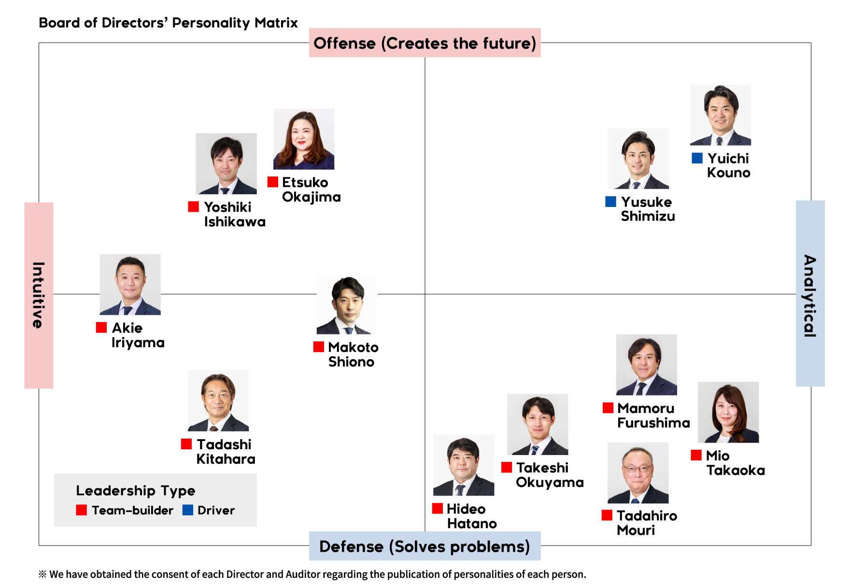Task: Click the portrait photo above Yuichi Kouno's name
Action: tap(720, 115)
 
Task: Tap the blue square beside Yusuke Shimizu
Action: tap(610, 202)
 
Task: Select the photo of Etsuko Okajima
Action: tap(304, 139)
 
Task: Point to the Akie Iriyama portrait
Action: tap(130, 284)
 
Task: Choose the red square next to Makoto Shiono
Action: tap(319, 347)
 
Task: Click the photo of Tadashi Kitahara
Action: tap(218, 401)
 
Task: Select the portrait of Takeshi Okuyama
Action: tap(538, 425)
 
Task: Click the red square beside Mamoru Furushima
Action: tap(608, 408)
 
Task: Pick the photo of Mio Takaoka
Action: tap(728, 412)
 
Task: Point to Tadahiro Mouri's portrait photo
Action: tap(638, 473)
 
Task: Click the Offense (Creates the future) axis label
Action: tap(425, 43)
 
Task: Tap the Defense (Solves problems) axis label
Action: tap(425, 546)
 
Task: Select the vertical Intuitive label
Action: tap(39, 295)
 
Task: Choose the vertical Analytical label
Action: tap(810, 294)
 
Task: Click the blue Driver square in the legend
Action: tap(188, 510)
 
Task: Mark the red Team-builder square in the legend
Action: tap(82, 510)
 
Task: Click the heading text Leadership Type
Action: tap(136, 491)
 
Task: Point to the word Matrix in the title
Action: tap(276, 23)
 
